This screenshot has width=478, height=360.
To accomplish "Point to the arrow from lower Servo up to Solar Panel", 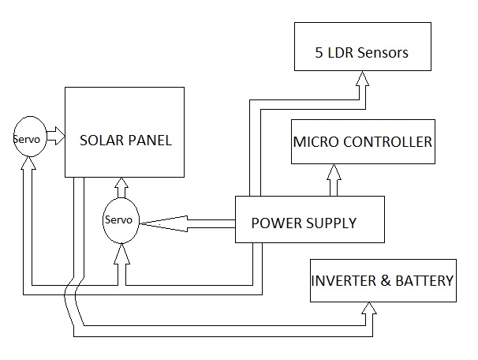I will pos(121,187).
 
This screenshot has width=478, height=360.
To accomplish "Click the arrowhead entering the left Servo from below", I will pos(30,167).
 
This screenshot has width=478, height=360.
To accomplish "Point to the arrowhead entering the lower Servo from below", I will pos(121,253).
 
